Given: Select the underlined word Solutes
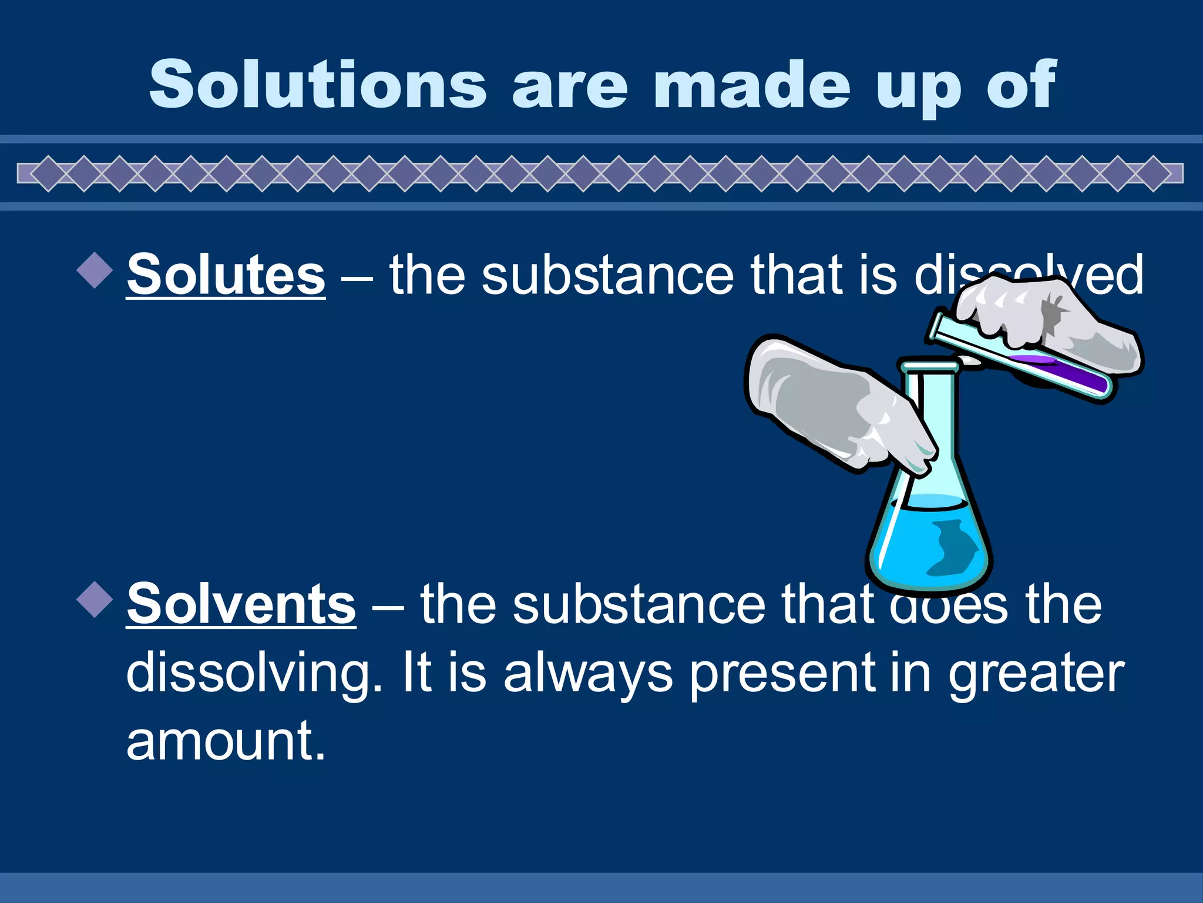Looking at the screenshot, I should coord(226,275).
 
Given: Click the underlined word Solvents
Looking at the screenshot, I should coord(241,604).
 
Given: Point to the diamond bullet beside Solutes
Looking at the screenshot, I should coord(95,270).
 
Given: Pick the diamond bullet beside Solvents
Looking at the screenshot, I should coord(95,599).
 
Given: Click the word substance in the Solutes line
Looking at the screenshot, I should coord(607,275).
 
